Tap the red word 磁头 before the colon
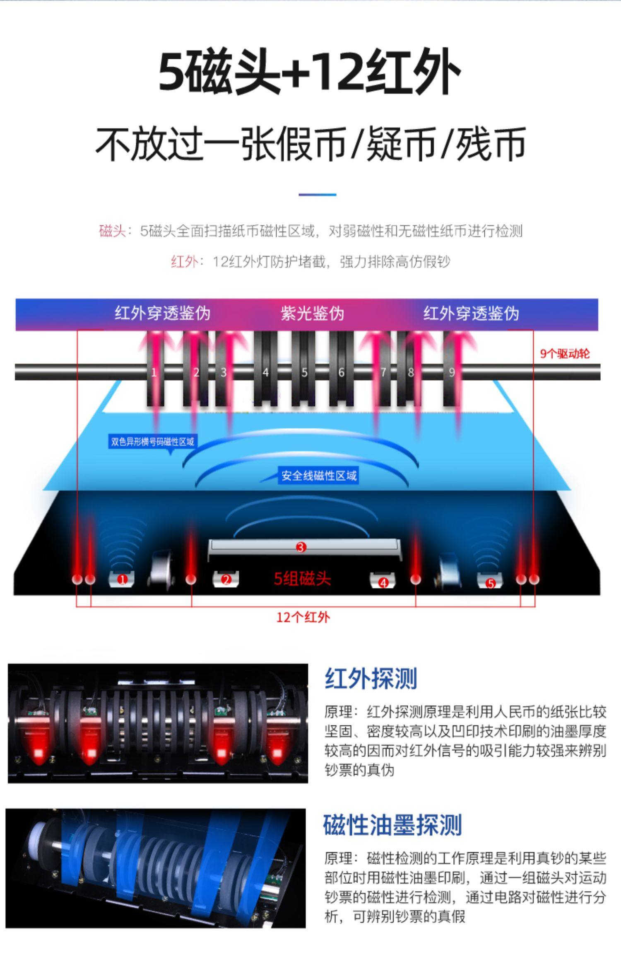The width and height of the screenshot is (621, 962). pyautogui.click(x=112, y=231)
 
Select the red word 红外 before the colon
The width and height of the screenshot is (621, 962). pyautogui.click(x=184, y=262)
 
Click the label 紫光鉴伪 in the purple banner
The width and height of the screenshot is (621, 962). pyautogui.click(x=312, y=313)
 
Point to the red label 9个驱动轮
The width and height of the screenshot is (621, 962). pyautogui.click(x=565, y=353)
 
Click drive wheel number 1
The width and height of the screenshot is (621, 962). pyautogui.click(x=154, y=372)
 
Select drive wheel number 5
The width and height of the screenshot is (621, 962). pyautogui.click(x=304, y=372)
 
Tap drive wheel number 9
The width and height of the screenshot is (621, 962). pyautogui.click(x=452, y=372)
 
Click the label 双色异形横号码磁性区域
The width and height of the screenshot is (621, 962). pyautogui.click(x=152, y=442)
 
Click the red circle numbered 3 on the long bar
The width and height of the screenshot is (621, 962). pyautogui.click(x=301, y=547)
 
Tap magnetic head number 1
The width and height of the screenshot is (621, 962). pyautogui.click(x=122, y=579)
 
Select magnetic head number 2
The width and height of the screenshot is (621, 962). pyautogui.click(x=226, y=579)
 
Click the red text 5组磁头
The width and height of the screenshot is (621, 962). pyautogui.click(x=302, y=578)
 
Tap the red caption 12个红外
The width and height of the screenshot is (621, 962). pyautogui.click(x=303, y=617)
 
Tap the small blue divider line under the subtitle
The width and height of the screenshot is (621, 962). pyautogui.click(x=318, y=194)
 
